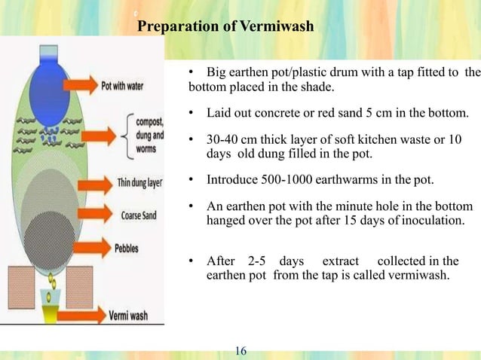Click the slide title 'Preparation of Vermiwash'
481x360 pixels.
click(x=226, y=28)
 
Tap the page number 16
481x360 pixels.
click(x=241, y=350)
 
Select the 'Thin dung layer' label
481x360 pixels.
click(x=137, y=182)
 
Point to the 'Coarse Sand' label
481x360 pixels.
click(x=138, y=213)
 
